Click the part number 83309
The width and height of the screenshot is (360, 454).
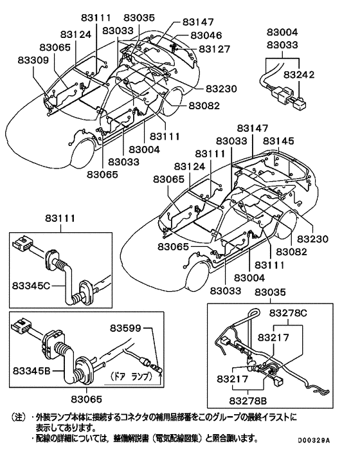click(33, 60)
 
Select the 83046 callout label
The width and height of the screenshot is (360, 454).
click(206, 35)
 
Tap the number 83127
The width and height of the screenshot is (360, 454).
click(215, 49)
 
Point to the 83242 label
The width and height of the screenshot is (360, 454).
click(299, 75)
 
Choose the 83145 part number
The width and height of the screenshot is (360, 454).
click(278, 141)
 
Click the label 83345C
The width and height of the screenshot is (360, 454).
click(32, 286)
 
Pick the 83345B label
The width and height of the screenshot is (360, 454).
click(32, 370)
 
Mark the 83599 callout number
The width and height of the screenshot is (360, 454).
click(125, 328)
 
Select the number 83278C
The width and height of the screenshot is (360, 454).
click(288, 313)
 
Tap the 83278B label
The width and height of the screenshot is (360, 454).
click(248, 401)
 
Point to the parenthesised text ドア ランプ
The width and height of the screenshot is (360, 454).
click(131, 376)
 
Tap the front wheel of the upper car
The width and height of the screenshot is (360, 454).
click(82, 154)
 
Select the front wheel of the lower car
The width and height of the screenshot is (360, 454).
click(197, 277)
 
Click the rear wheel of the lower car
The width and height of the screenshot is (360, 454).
click(287, 224)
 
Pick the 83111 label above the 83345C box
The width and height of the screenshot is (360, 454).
click(60, 218)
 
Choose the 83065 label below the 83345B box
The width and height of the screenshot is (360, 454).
click(87, 399)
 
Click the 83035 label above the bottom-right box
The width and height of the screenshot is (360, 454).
click(270, 292)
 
